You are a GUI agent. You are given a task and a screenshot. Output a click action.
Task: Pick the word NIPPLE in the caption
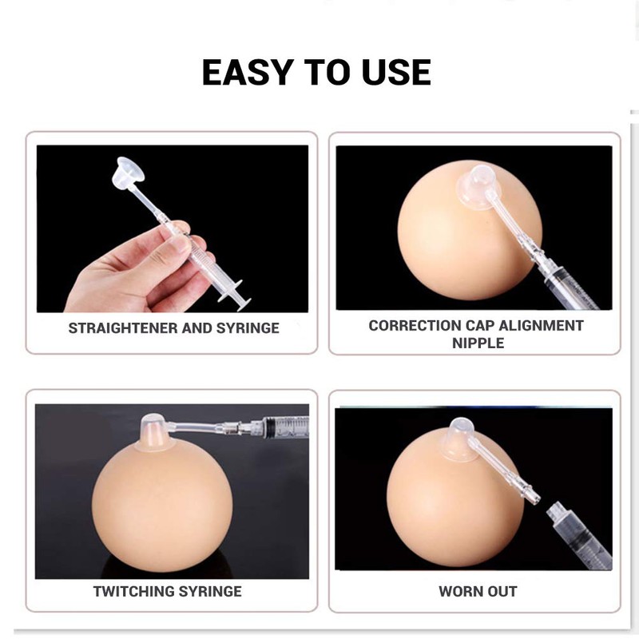(x=477, y=343)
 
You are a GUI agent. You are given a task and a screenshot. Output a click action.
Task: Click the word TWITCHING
(x=133, y=592)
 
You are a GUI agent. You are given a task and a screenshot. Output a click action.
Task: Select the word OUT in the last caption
(x=502, y=592)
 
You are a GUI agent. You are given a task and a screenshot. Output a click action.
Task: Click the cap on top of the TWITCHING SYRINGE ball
(x=153, y=431)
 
